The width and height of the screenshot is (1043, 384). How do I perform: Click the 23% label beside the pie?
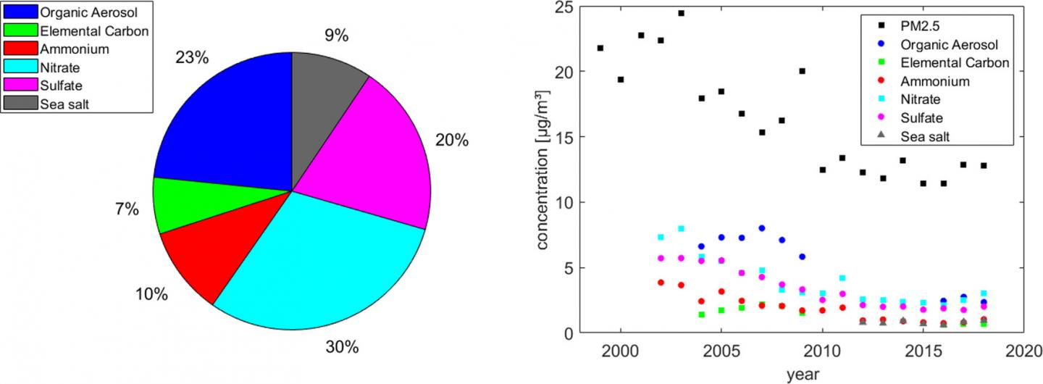(x=190, y=57)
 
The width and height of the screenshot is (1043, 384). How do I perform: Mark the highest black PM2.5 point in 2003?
(x=681, y=13)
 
